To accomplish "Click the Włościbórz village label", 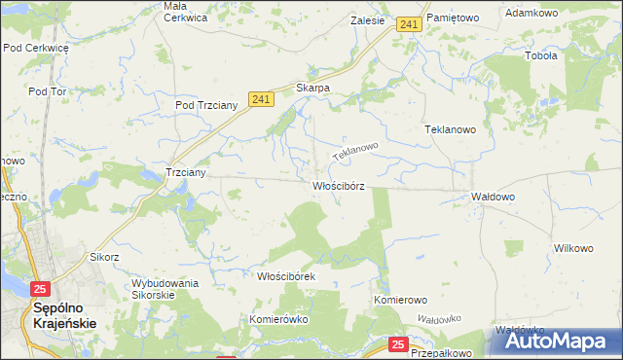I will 338,186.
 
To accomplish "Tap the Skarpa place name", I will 313,88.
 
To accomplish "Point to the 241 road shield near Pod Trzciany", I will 259,99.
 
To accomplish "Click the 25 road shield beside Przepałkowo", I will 398,344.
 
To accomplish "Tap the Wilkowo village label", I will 573,248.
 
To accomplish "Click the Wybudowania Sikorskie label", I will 165,289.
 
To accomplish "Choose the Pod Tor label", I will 47,91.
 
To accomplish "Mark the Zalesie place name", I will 366,19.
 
